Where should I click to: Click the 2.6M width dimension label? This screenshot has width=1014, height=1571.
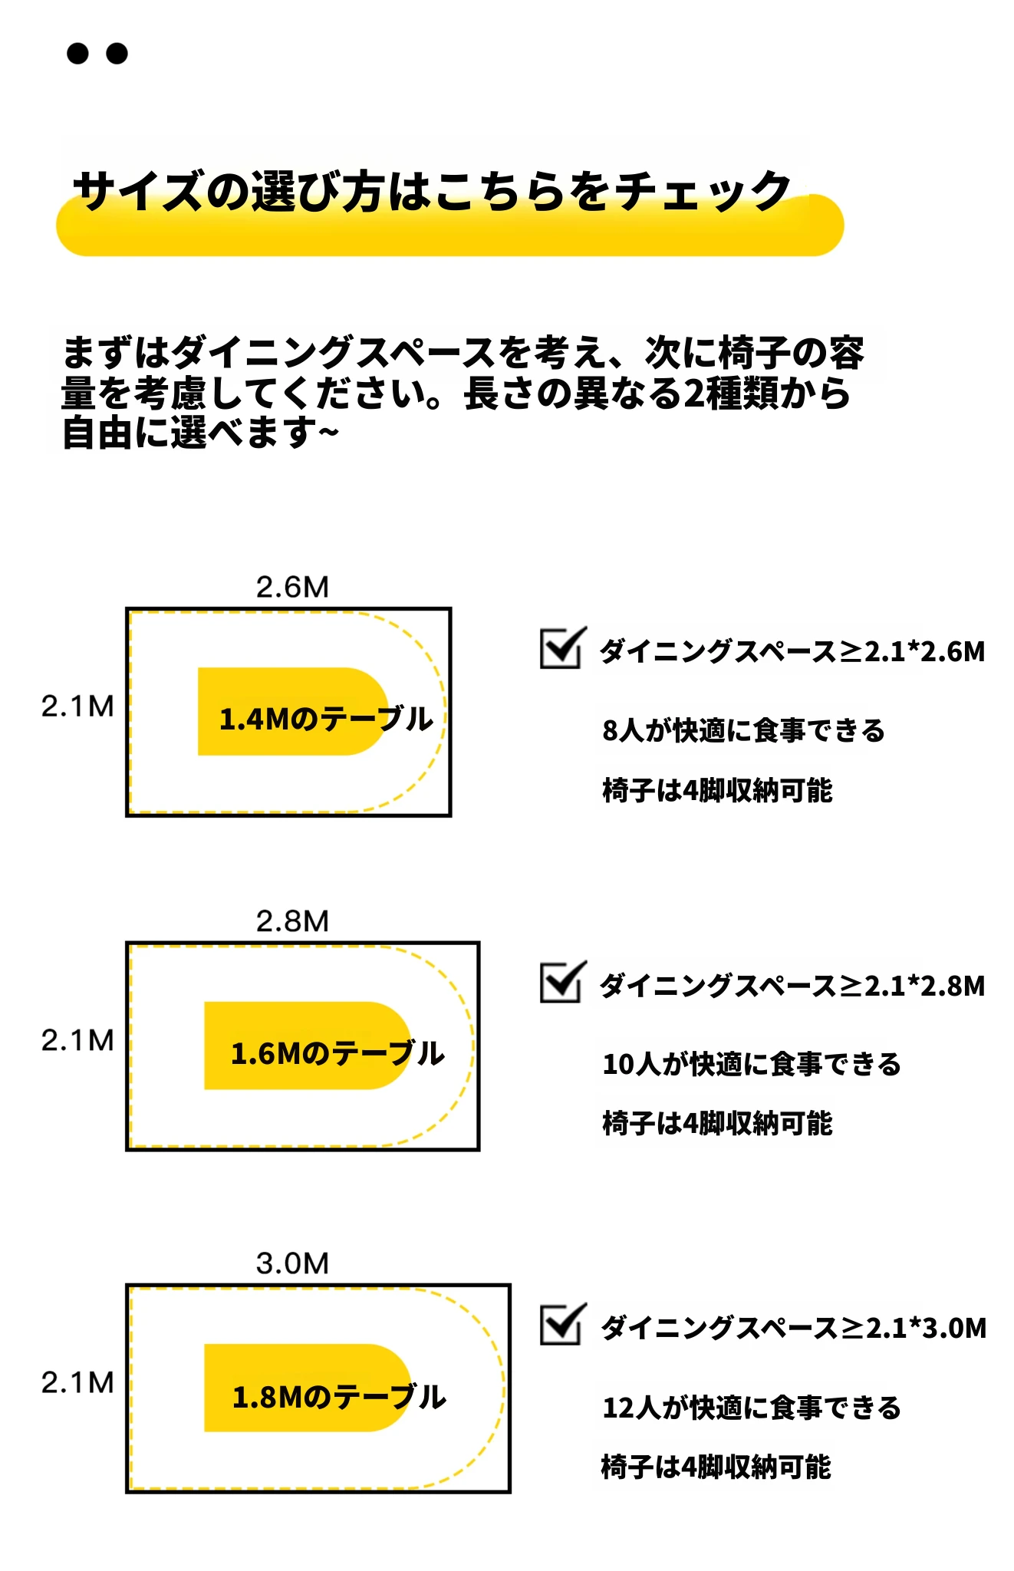coord(292,587)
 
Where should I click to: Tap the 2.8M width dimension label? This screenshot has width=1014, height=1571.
coord(292,921)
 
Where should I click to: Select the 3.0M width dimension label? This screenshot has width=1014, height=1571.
coord(292,1263)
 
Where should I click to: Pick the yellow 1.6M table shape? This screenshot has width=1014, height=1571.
coord(307,1046)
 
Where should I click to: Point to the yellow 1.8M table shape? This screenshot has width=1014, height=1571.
coord(307,1388)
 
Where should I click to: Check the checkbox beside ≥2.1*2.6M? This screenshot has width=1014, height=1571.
coord(563,648)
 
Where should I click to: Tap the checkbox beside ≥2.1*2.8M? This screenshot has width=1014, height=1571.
coord(563,982)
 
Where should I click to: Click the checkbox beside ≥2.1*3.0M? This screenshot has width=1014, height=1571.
coord(563,1324)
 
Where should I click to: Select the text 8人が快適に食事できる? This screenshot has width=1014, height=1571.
coord(743,730)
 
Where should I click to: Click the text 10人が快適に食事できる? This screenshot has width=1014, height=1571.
coord(752,1064)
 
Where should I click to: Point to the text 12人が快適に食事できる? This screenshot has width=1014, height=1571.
coord(752,1408)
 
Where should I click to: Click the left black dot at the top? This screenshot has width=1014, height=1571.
coord(77,53)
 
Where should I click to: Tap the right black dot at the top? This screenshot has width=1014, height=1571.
coord(117,53)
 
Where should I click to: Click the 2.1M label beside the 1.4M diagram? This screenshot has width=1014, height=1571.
coord(77,706)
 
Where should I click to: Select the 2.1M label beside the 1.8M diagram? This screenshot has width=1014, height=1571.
coord(77,1382)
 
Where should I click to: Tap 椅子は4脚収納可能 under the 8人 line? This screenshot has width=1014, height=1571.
coord(717,790)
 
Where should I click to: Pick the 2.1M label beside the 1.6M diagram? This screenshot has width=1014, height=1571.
coord(77,1040)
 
